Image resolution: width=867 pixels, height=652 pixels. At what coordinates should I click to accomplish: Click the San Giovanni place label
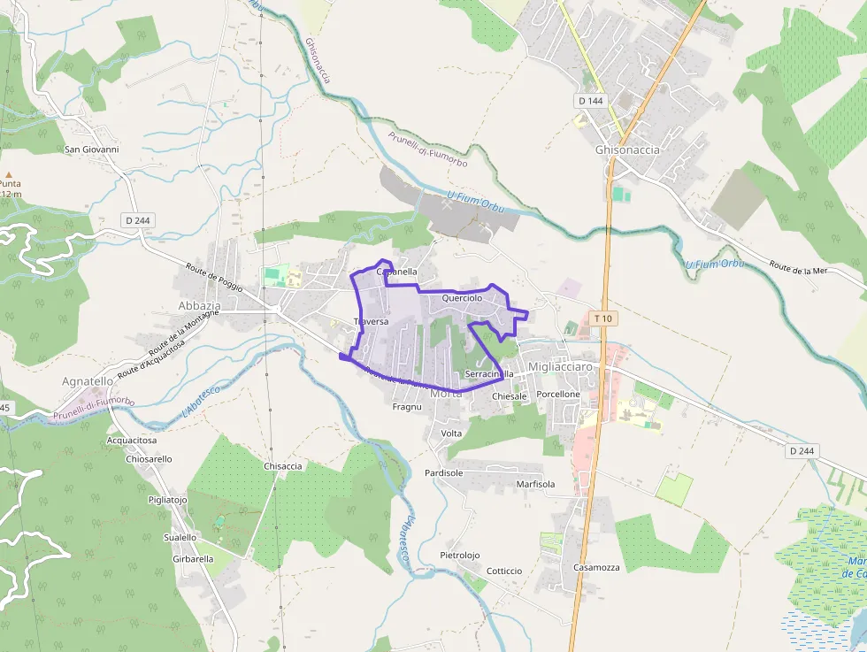point(91,150)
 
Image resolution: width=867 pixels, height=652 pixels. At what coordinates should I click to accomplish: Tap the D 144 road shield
point(590,101)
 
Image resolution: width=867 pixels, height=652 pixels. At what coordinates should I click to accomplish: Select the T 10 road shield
point(603,318)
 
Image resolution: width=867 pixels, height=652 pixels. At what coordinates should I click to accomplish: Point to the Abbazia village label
point(199,305)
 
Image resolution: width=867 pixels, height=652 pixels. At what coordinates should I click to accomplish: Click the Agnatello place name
point(88,381)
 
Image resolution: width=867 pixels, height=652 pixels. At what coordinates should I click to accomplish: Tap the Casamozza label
point(596,567)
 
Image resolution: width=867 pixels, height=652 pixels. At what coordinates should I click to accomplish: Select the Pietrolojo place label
point(459,555)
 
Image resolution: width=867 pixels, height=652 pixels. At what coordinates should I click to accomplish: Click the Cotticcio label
point(504,571)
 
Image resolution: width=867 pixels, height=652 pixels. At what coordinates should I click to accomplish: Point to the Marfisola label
point(535,484)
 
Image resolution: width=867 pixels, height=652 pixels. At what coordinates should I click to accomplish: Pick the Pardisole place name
point(443,472)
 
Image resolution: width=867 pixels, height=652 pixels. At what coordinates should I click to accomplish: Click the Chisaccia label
point(283,465)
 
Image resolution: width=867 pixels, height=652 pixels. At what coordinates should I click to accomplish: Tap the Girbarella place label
point(193,559)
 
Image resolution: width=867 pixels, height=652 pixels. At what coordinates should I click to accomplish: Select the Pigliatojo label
point(167,499)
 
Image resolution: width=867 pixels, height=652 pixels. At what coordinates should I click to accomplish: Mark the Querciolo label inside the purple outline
point(462,298)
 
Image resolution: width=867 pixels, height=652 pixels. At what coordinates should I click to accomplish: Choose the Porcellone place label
point(558,394)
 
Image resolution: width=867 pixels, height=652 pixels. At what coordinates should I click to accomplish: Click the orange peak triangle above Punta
point(9,175)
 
